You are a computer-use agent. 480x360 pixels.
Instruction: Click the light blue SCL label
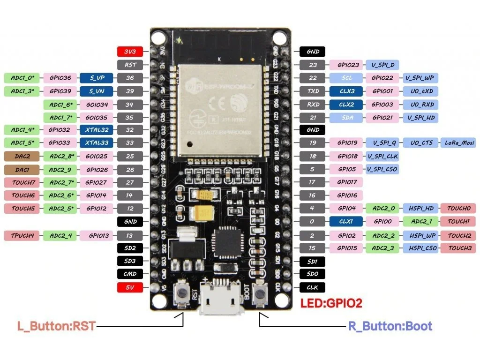(347, 78)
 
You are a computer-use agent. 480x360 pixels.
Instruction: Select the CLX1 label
(347, 221)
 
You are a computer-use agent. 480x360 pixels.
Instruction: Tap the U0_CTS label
(419, 142)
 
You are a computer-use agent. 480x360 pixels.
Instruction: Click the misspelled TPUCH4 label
(22, 235)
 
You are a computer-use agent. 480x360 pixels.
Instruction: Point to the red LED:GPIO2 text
(331, 303)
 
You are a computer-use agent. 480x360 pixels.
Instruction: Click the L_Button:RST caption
(56, 326)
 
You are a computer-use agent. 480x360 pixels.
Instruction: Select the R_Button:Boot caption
(390, 326)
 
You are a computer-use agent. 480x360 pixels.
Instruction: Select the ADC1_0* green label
(22, 78)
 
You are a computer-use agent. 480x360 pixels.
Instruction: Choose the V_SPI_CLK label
(383, 156)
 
